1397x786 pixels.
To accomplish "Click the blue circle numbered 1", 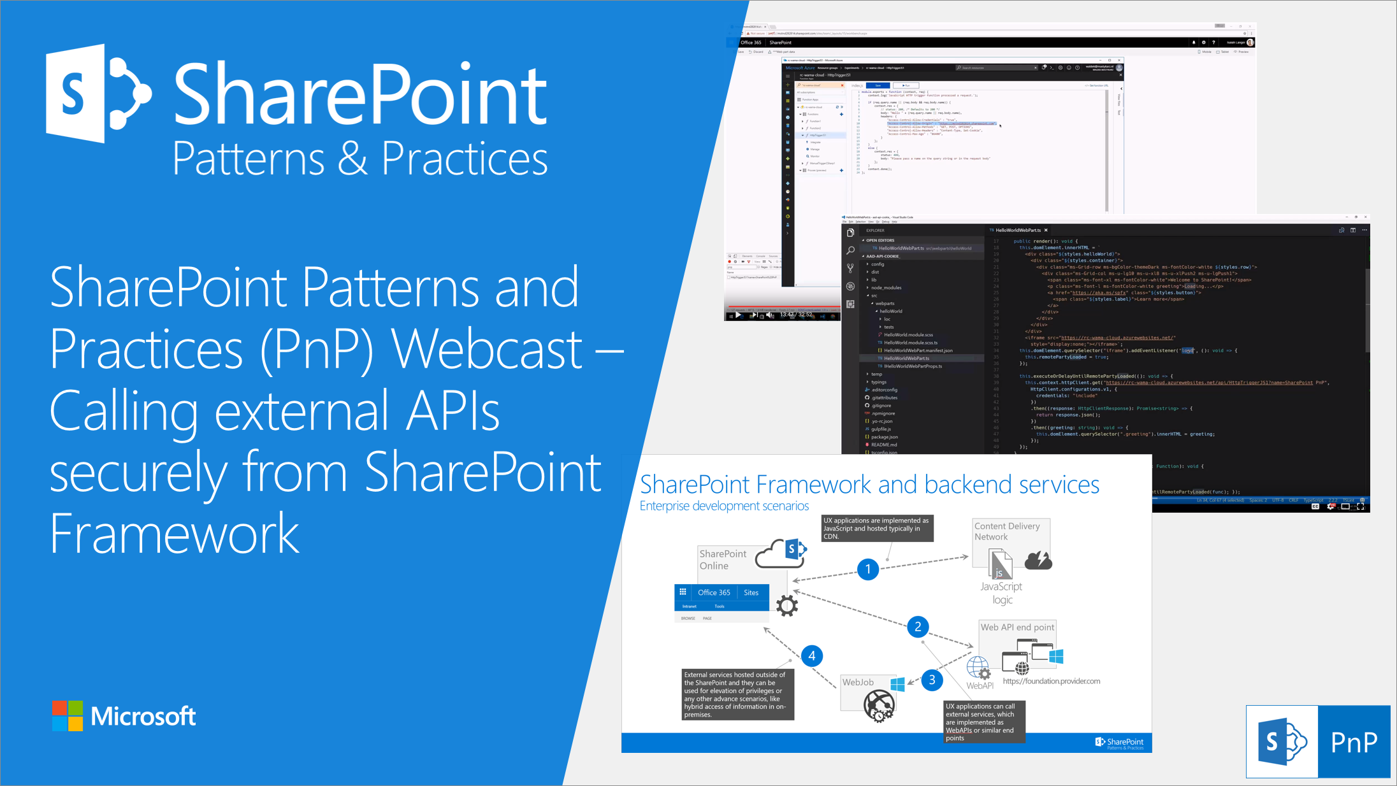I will (x=867, y=569).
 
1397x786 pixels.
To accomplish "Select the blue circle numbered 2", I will (x=918, y=627).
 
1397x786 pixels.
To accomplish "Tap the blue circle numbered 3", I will (x=932, y=680).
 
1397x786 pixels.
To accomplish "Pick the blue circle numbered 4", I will (x=811, y=655).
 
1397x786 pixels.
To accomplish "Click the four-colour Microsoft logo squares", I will (x=68, y=716).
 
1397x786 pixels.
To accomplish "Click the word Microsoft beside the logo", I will (x=143, y=717).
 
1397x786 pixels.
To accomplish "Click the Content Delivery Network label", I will (x=1006, y=531).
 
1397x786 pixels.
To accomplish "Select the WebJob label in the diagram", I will (x=858, y=682).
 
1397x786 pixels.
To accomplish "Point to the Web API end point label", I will (x=1017, y=627).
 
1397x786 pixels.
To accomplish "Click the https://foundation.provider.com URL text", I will (x=1051, y=681).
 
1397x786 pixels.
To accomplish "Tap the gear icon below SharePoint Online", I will (x=787, y=605).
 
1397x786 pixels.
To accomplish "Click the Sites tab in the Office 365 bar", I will (x=751, y=592).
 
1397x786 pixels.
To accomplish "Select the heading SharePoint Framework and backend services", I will (x=869, y=485).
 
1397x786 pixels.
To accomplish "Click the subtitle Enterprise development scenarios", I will (x=724, y=506).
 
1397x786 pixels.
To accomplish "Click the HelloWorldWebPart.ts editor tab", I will (x=1018, y=230).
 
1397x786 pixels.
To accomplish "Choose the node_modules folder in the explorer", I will (x=886, y=287).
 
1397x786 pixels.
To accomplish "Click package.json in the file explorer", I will (x=885, y=437).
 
